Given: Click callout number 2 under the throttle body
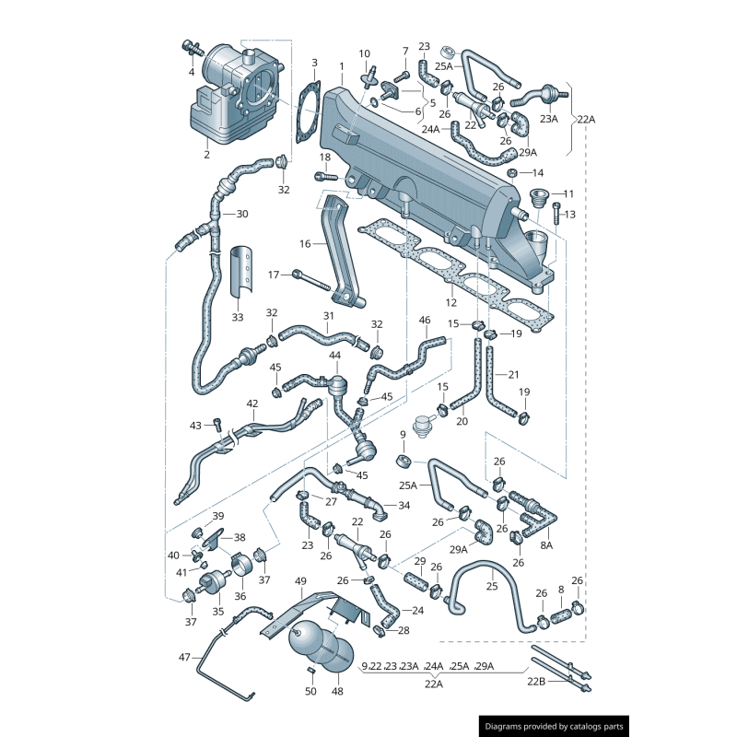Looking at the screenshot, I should (x=207, y=155).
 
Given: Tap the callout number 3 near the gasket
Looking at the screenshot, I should (x=314, y=64).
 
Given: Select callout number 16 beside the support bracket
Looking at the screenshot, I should (x=305, y=244).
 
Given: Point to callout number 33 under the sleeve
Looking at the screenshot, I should (x=238, y=318).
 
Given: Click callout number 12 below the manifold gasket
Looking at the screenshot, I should (x=451, y=302).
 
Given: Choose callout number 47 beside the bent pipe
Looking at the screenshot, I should (x=184, y=657).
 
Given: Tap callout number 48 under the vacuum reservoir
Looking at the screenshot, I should (x=337, y=692).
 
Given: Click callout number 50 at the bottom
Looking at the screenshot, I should (x=310, y=692).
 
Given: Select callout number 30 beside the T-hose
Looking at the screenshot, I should (x=242, y=214).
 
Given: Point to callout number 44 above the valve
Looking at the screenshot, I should (x=334, y=355).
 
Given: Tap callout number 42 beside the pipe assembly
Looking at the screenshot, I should (x=252, y=404).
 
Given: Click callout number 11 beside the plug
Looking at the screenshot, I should (x=568, y=193).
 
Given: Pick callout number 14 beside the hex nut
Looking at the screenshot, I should (x=539, y=172).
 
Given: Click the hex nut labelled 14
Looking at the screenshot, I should (x=512, y=172).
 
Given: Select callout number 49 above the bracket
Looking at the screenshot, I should (x=300, y=581).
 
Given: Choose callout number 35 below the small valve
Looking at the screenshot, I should (x=217, y=610).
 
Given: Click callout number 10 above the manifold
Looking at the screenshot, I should (x=365, y=53).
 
